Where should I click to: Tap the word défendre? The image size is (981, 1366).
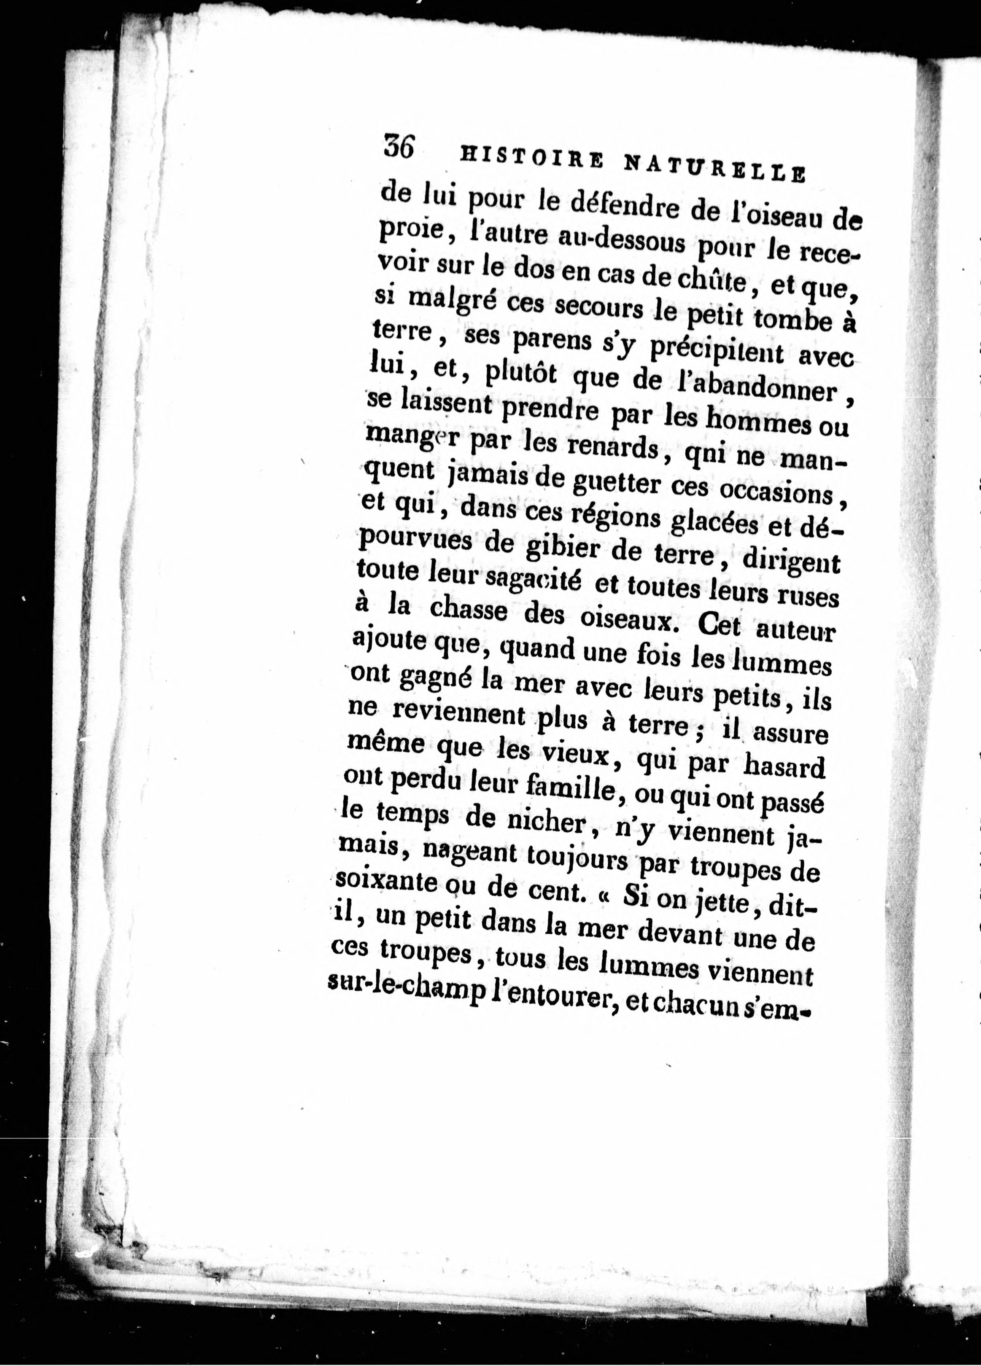(604, 209)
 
